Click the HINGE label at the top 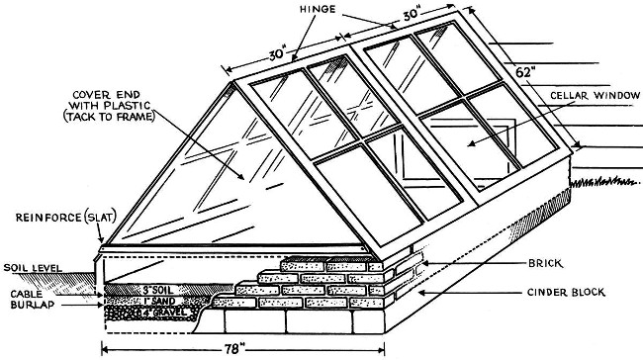318,9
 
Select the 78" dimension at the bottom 234,349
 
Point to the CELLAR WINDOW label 595,96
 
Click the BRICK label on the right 545,263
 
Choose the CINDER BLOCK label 566,293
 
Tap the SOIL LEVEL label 33,268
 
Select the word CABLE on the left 27,294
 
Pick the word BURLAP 33,305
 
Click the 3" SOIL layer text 158,290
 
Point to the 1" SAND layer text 160,302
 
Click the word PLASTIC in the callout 128,106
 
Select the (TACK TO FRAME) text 109,117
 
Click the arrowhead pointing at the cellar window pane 471,143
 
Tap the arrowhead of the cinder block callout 421,293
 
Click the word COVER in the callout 91,95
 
